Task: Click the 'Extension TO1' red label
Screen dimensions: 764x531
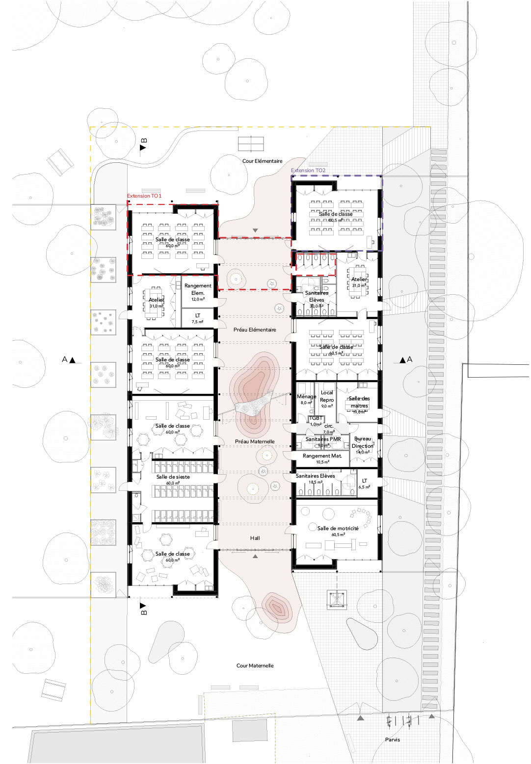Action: [x=144, y=196]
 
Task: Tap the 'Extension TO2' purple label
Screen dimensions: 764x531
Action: [x=308, y=170]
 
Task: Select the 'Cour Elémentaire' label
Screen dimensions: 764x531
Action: [x=262, y=161]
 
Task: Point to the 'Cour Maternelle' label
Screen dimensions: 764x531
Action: [x=255, y=665]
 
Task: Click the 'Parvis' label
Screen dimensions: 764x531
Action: [x=392, y=739]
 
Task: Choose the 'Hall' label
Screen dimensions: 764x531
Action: [x=255, y=538]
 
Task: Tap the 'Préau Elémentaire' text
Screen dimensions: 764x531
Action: [x=255, y=330]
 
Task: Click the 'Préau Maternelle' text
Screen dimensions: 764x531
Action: [x=255, y=441]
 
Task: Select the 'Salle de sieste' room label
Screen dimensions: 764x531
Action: [x=173, y=477]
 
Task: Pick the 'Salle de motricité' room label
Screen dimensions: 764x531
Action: [x=338, y=528]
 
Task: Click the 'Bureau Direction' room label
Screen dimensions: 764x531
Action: [x=363, y=442]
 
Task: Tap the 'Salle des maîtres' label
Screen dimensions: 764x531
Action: [x=359, y=402]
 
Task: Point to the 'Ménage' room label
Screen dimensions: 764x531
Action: [x=306, y=396]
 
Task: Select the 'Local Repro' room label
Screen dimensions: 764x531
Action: [x=327, y=396]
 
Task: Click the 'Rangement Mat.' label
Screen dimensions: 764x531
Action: [x=322, y=456]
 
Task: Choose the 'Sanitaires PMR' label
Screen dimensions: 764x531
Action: [x=323, y=439]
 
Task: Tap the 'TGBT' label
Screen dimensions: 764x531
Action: [x=316, y=418]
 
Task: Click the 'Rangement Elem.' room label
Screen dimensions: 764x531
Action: [x=198, y=289]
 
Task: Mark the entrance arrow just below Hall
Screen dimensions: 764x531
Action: [x=255, y=556]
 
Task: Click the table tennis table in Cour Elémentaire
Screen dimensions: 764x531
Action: [x=251, y=144]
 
